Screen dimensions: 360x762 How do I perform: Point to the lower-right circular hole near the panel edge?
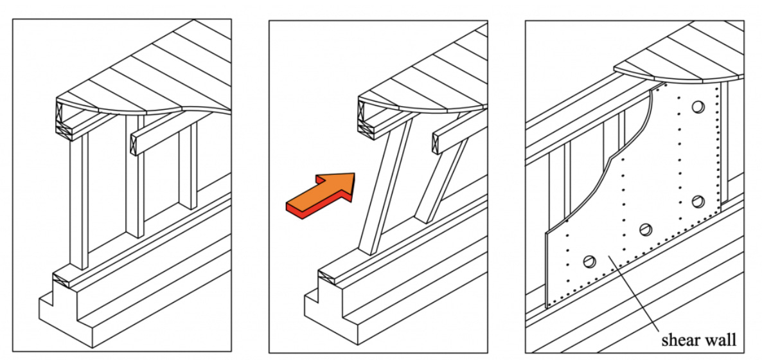pyautogui.click(x=698, y=202)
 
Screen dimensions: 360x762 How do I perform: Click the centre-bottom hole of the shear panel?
pyautogui.click(x=647, y=230)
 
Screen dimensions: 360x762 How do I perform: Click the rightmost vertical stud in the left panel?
pyautogui.click(x=188, y=164)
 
